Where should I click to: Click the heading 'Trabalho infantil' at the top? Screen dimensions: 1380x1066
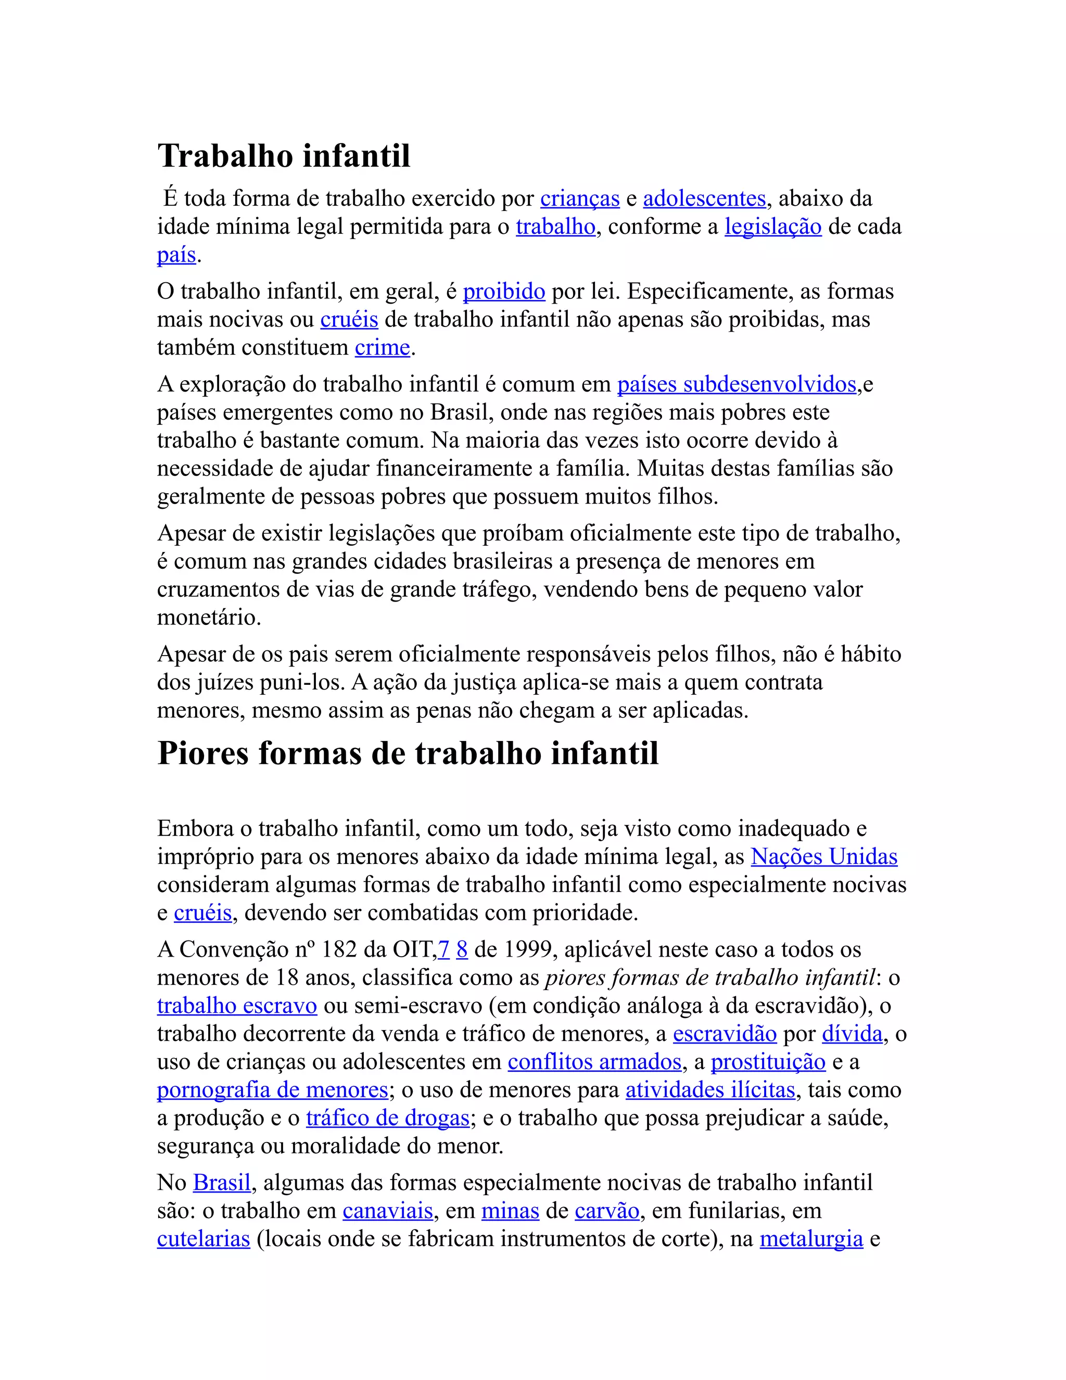pos(284,156)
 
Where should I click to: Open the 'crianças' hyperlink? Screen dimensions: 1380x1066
pos(580,199)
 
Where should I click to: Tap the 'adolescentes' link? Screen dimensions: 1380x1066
pos(704,199)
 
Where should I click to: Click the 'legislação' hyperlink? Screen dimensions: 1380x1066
pos(773,227)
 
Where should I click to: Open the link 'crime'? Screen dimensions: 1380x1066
pos(382,347)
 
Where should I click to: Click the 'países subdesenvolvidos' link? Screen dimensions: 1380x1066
pos(737,385)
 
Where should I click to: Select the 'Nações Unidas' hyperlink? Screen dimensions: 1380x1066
pos(824,857)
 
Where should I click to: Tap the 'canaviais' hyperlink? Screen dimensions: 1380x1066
pos(388,1211)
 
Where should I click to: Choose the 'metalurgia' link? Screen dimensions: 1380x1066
pos(811,1239)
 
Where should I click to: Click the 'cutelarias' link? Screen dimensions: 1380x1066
pos(204,1239)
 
